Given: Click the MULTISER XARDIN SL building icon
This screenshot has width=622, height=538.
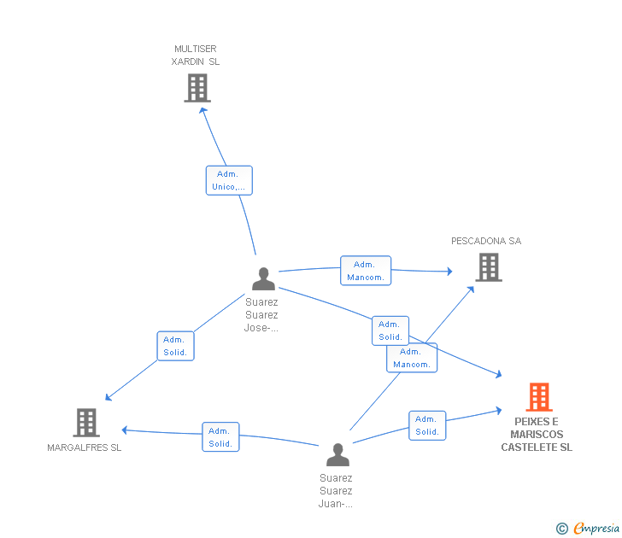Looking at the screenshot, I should coord(197,88).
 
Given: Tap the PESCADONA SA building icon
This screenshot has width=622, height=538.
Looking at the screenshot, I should coord(488,268).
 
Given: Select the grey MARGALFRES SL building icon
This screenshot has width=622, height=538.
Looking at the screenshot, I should coord(86,422).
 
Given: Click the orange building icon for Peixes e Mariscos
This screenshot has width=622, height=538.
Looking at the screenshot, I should coord(538,397).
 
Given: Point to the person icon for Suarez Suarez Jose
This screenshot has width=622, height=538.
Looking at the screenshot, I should coord(263,279).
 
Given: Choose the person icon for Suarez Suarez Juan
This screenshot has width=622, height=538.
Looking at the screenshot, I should coord(337,455).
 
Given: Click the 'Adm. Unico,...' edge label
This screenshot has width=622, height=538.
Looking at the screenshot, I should coord(229,180).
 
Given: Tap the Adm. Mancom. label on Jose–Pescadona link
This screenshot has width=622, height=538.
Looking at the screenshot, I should coord(366,271).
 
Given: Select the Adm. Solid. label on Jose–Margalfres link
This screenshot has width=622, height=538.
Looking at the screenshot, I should coord(175,346).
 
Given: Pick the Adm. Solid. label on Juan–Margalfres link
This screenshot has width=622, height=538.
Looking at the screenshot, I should coord(220,436).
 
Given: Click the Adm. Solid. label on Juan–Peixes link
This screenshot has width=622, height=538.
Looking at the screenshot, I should coord(427,425).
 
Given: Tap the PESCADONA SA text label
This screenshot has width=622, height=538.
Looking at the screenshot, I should coord(486,241).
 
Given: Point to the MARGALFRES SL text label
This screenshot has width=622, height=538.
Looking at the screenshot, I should coord(85,447).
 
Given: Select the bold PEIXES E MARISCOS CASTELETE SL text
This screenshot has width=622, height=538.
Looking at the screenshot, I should coord(537,435).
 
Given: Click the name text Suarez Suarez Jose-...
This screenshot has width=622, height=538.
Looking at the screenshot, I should coord(261,314).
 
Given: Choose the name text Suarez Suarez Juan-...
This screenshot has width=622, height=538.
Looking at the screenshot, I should coord(336,491).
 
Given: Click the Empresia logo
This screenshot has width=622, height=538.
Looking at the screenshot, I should coord(596,529).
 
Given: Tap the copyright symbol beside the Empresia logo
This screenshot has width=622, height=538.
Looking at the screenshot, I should coord(561,529).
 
